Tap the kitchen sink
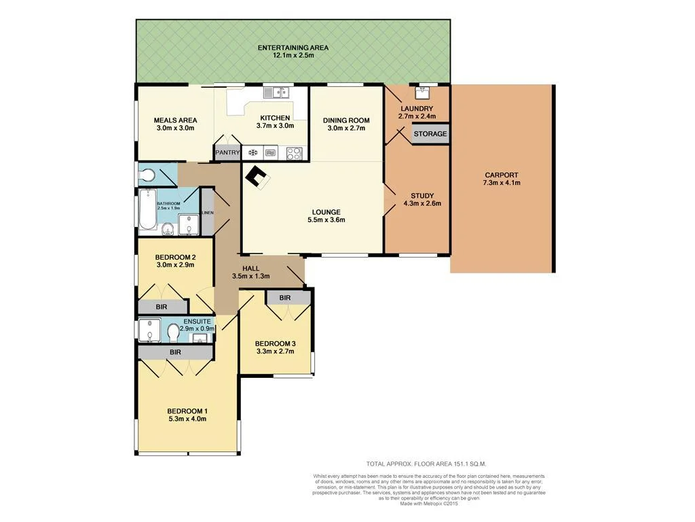tap(276, 92)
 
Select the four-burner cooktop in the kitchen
tap(295, 153)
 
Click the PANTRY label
tap(227, 153)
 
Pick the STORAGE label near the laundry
tap(430, 134)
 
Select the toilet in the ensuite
tap(173, 332)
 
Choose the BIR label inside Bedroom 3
tap(284, 298)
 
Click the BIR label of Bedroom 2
tap(161, 307)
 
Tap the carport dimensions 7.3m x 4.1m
tap(502, 183)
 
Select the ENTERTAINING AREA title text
tap(293, 48)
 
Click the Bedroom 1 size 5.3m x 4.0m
tap(187, 419)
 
